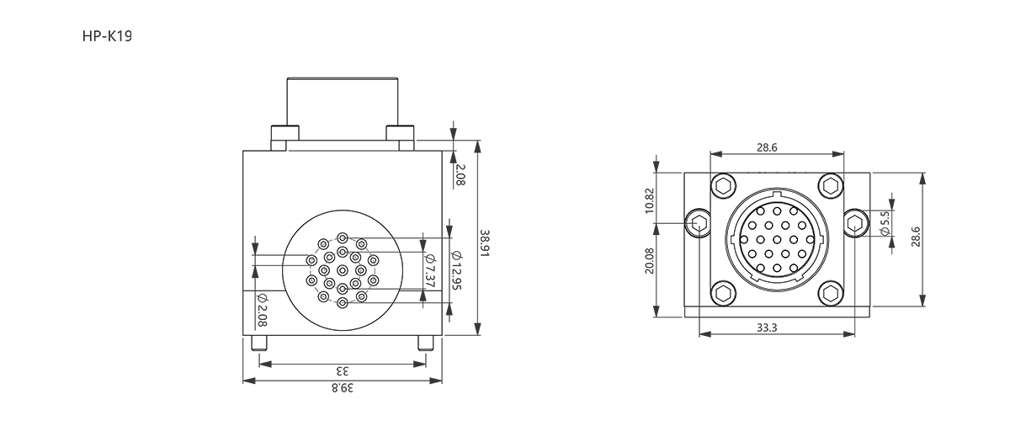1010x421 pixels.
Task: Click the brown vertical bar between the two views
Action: (x=574, y=210)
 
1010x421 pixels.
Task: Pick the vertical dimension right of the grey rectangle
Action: (x=459, y=173)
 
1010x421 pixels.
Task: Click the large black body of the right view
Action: (x=774, y=244)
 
